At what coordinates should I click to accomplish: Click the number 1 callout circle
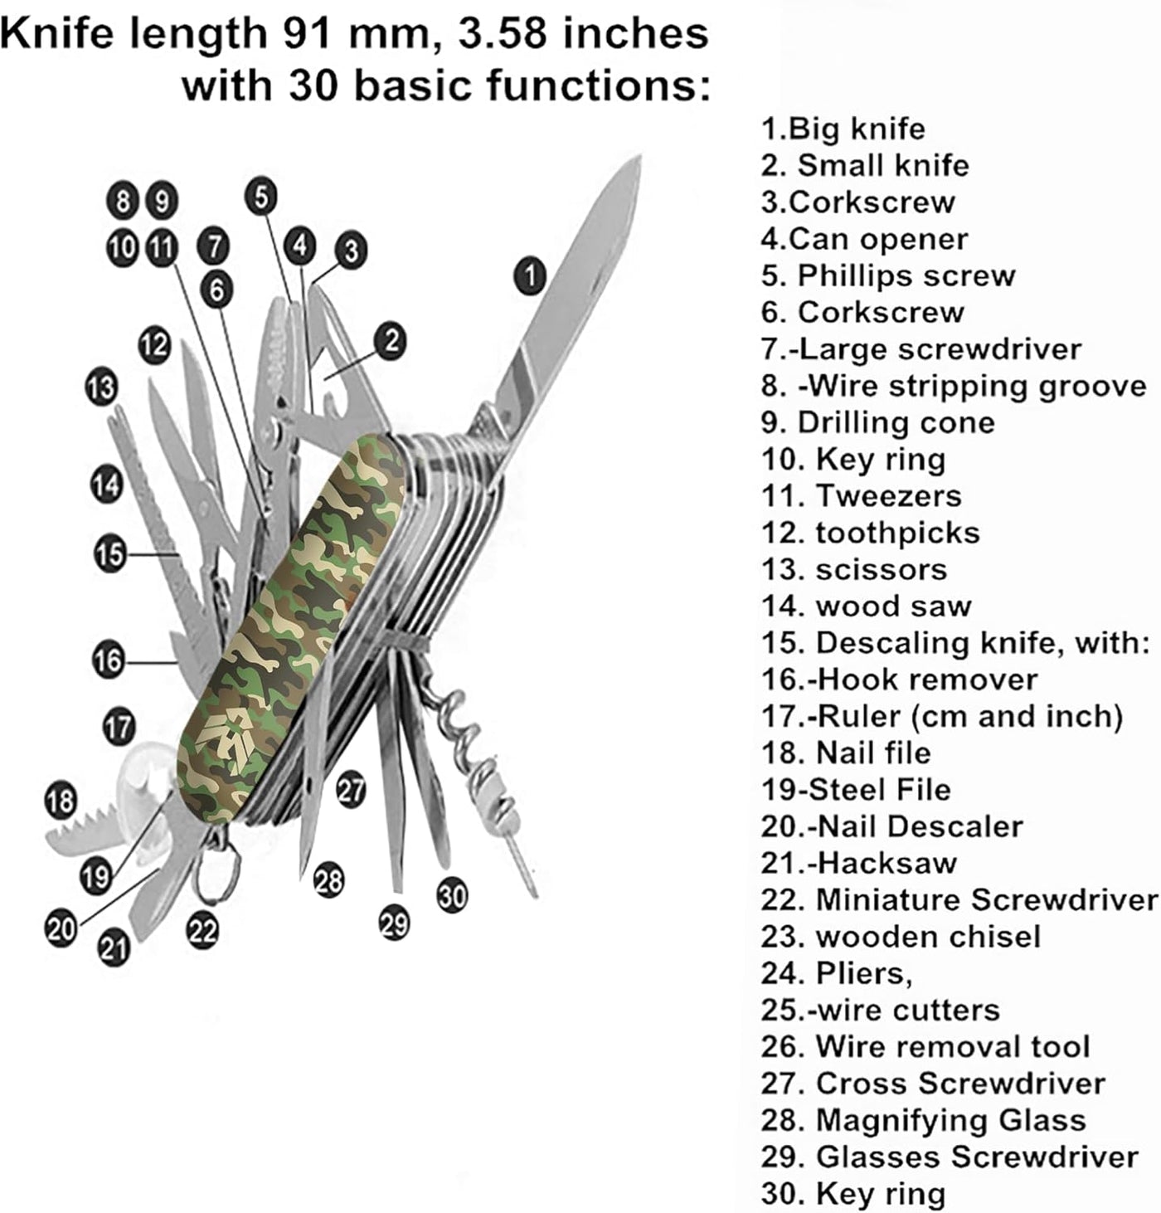530,275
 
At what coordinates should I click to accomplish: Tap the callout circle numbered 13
101,387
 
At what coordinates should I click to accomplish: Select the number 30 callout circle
452,895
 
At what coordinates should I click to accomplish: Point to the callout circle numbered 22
202,931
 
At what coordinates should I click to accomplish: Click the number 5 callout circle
261,197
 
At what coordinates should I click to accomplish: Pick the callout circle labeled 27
351,788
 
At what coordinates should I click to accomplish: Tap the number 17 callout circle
119,728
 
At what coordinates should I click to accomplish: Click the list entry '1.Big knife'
843,129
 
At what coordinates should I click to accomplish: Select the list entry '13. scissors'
853,570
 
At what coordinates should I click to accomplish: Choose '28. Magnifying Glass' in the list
923,1120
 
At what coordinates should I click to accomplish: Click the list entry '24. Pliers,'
836,973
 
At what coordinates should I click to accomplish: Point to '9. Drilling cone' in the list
877,423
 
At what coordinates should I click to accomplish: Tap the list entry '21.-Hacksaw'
858,864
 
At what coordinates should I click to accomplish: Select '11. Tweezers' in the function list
861,496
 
